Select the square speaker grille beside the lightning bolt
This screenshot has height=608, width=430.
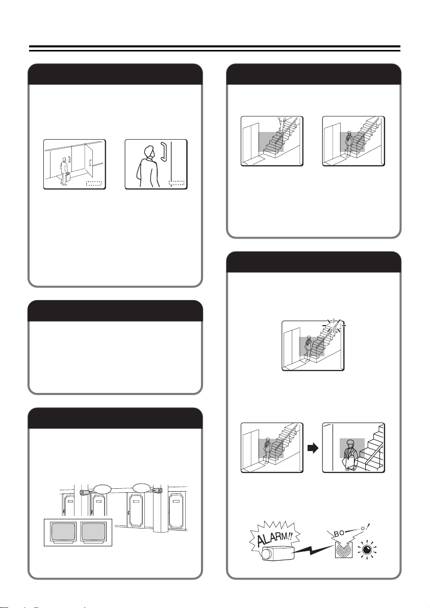tap(343, 550)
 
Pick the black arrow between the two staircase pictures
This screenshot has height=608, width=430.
tap(312, 448)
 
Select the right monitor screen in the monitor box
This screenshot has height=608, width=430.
tap(93, 532)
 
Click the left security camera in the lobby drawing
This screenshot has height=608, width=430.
tap(84, 492)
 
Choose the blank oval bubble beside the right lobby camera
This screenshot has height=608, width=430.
tap(142, 486)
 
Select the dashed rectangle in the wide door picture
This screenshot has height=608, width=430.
tap(93, 183)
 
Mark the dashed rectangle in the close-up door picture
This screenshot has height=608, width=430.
tap(176, 183)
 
